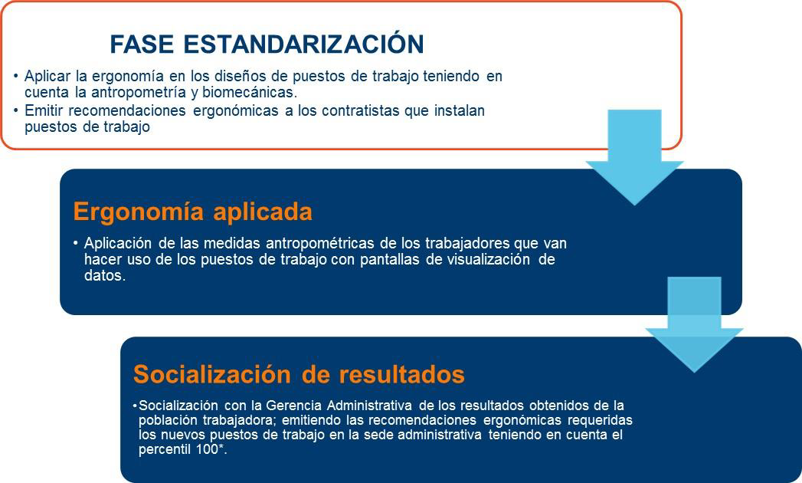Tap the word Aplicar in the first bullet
coord(47,77)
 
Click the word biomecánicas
coord(250,93)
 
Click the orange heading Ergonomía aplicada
coord(193,212)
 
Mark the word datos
coord(105,276)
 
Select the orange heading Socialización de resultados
coord(300,374)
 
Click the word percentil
coord(165,450)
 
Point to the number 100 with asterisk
coord(211,450)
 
